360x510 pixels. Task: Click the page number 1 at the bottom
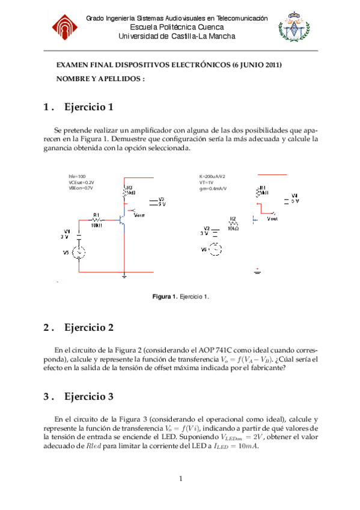tap(180, 479)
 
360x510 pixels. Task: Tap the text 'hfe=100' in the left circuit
tap(78, 176)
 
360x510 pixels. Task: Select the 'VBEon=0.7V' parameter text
tap(81, 188)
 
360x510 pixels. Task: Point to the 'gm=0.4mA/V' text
tap(213, 188)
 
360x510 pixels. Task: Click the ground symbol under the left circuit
tap(124, 276)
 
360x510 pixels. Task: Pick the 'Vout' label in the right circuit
tap(272, 219)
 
